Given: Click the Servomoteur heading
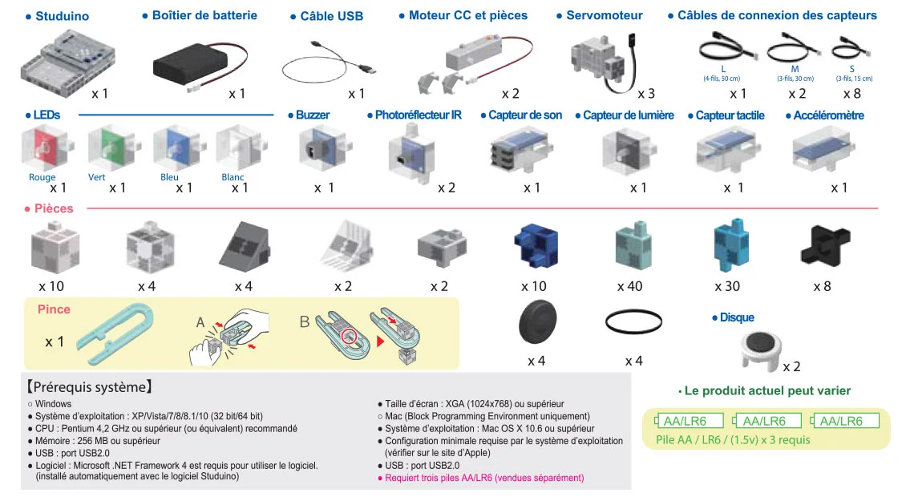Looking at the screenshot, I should point(604,16).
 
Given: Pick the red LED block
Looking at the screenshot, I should point(43,148).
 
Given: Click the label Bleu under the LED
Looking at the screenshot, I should point(169,177).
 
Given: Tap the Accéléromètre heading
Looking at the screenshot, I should point(828,115).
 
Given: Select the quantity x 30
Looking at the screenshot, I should point(728,286).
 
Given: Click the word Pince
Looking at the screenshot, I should point(54,309).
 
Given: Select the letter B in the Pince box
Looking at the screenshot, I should point(305,322).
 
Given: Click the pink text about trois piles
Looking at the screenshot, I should point(484,478).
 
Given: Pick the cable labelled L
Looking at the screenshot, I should point(723,53).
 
